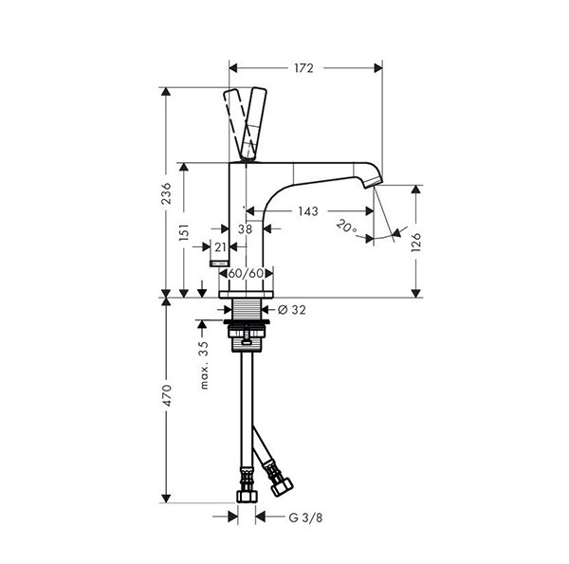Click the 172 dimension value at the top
coord(303,68)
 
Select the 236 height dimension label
coord(166,193)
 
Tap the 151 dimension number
coord(184,232)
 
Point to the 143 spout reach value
coord(308,210)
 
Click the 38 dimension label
coord(245,228)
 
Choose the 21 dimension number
coord(220,247)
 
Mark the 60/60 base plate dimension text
coord(246,274)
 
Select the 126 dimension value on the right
coord(416,243)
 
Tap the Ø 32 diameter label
coord(292,310)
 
